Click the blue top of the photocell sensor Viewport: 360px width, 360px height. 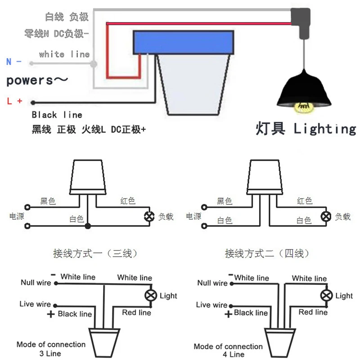(184, 41)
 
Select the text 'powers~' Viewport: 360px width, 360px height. (37, 81)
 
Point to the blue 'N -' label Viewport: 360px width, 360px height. (14, 62)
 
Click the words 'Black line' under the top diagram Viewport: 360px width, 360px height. (57, 115)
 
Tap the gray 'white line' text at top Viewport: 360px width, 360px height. (64, 54)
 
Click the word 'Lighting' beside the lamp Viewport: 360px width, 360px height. (324, 129)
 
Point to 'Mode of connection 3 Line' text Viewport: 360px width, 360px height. (51, 349)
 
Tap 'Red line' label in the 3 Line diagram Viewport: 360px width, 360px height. (137, 312)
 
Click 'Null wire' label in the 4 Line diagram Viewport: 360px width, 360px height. (212, 283)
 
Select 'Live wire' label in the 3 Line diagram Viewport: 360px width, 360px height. (35, 304)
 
